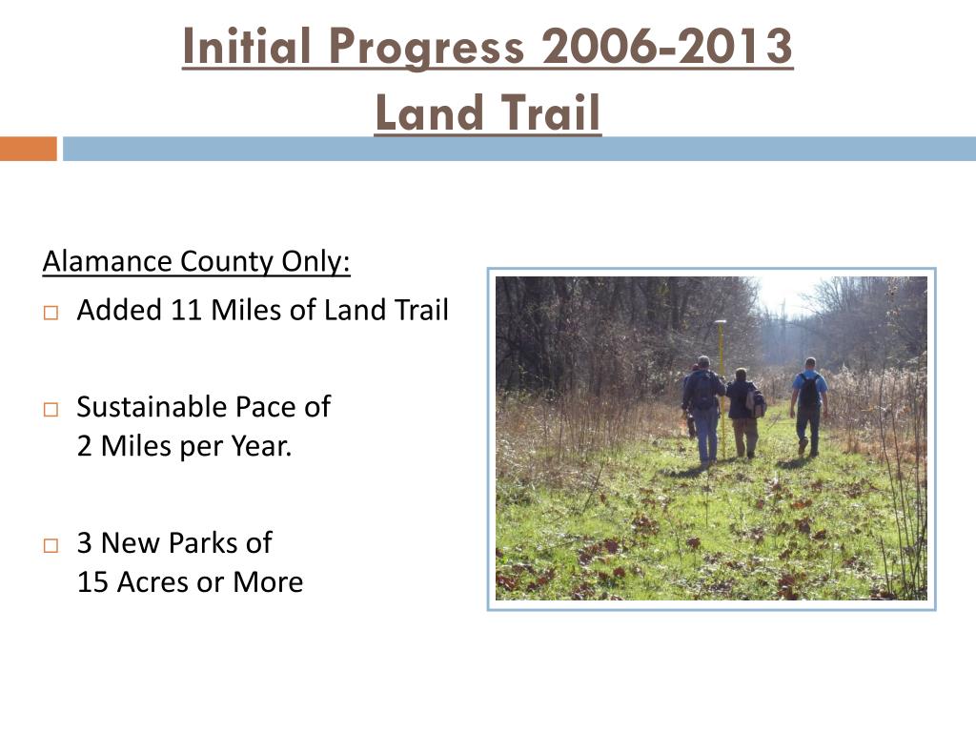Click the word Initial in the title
247,46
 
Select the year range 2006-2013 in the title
667,46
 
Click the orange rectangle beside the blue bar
28,149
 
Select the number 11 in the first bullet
186,310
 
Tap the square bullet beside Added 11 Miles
51,313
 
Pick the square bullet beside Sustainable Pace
51,410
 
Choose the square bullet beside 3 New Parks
51,546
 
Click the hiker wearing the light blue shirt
809,406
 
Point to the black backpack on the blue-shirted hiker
809,392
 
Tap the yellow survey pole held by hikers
722,386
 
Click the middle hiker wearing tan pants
744,412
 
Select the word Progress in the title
426,48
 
